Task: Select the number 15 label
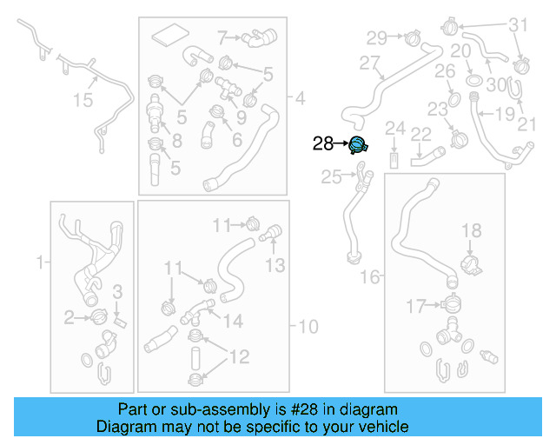click(x=82, y=101)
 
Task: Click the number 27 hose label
click(x=370, y=63)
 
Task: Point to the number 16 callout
click(x=370, y=276)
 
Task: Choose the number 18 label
click(x=470, y=230)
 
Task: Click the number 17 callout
click(x=417, y=305)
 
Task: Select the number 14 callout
click(x=232, y=321)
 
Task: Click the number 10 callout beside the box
click(x=308, y=327)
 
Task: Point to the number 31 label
click(x=518, y=24)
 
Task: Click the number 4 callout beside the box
click(x=300, y=96)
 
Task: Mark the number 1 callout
click(x=38, y=261)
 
